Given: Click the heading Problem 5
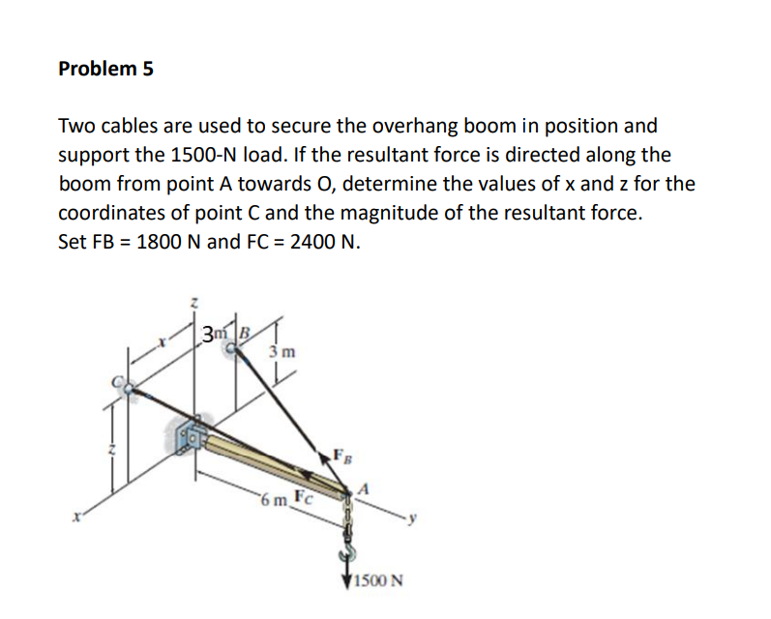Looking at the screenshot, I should click(x=105, y=69).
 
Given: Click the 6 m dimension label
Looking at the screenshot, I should click(x=273, y=503).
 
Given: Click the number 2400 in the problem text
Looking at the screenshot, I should click(x=290, y=242).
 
